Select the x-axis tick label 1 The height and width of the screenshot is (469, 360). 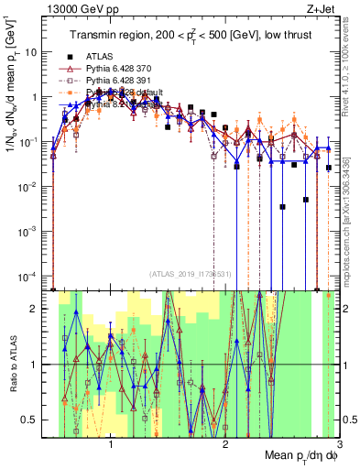coord(111,445)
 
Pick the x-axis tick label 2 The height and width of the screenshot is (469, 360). coord(225,445)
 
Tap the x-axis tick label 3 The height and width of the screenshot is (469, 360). coord(339,445)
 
